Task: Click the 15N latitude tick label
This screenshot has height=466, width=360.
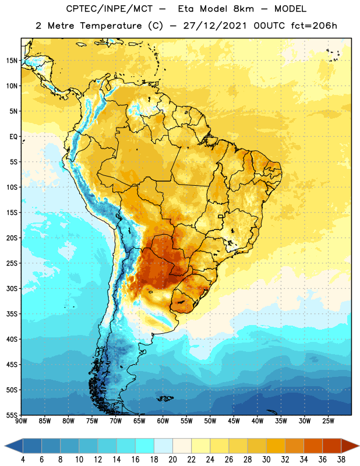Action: [x=12, y=61]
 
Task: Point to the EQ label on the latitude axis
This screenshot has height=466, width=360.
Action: [x=13, y=137]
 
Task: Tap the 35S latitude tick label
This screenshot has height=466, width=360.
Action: [x=12, y=314]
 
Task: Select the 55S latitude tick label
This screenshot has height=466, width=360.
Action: [x=12, y=415]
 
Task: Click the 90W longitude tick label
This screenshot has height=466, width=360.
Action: [x=22, y=421]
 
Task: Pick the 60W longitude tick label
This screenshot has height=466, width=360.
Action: [x=163, y=421]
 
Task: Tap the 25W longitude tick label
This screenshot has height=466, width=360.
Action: [x=328, y=421]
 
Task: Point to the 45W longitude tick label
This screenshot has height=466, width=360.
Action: [x=234, y=421]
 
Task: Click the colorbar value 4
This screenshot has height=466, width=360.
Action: [x=23, y=460]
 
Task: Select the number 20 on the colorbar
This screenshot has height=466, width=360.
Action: [x=172, y=460]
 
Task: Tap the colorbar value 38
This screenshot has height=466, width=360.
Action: [x=341, y=460]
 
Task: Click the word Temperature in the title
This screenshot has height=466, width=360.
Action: [x=111, y=26]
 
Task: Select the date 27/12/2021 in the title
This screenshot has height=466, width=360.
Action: [x=215, y=26]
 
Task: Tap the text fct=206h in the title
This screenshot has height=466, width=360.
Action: [x=314, y=26]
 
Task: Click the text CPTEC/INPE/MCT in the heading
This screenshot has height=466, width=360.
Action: [x=110, y=9]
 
